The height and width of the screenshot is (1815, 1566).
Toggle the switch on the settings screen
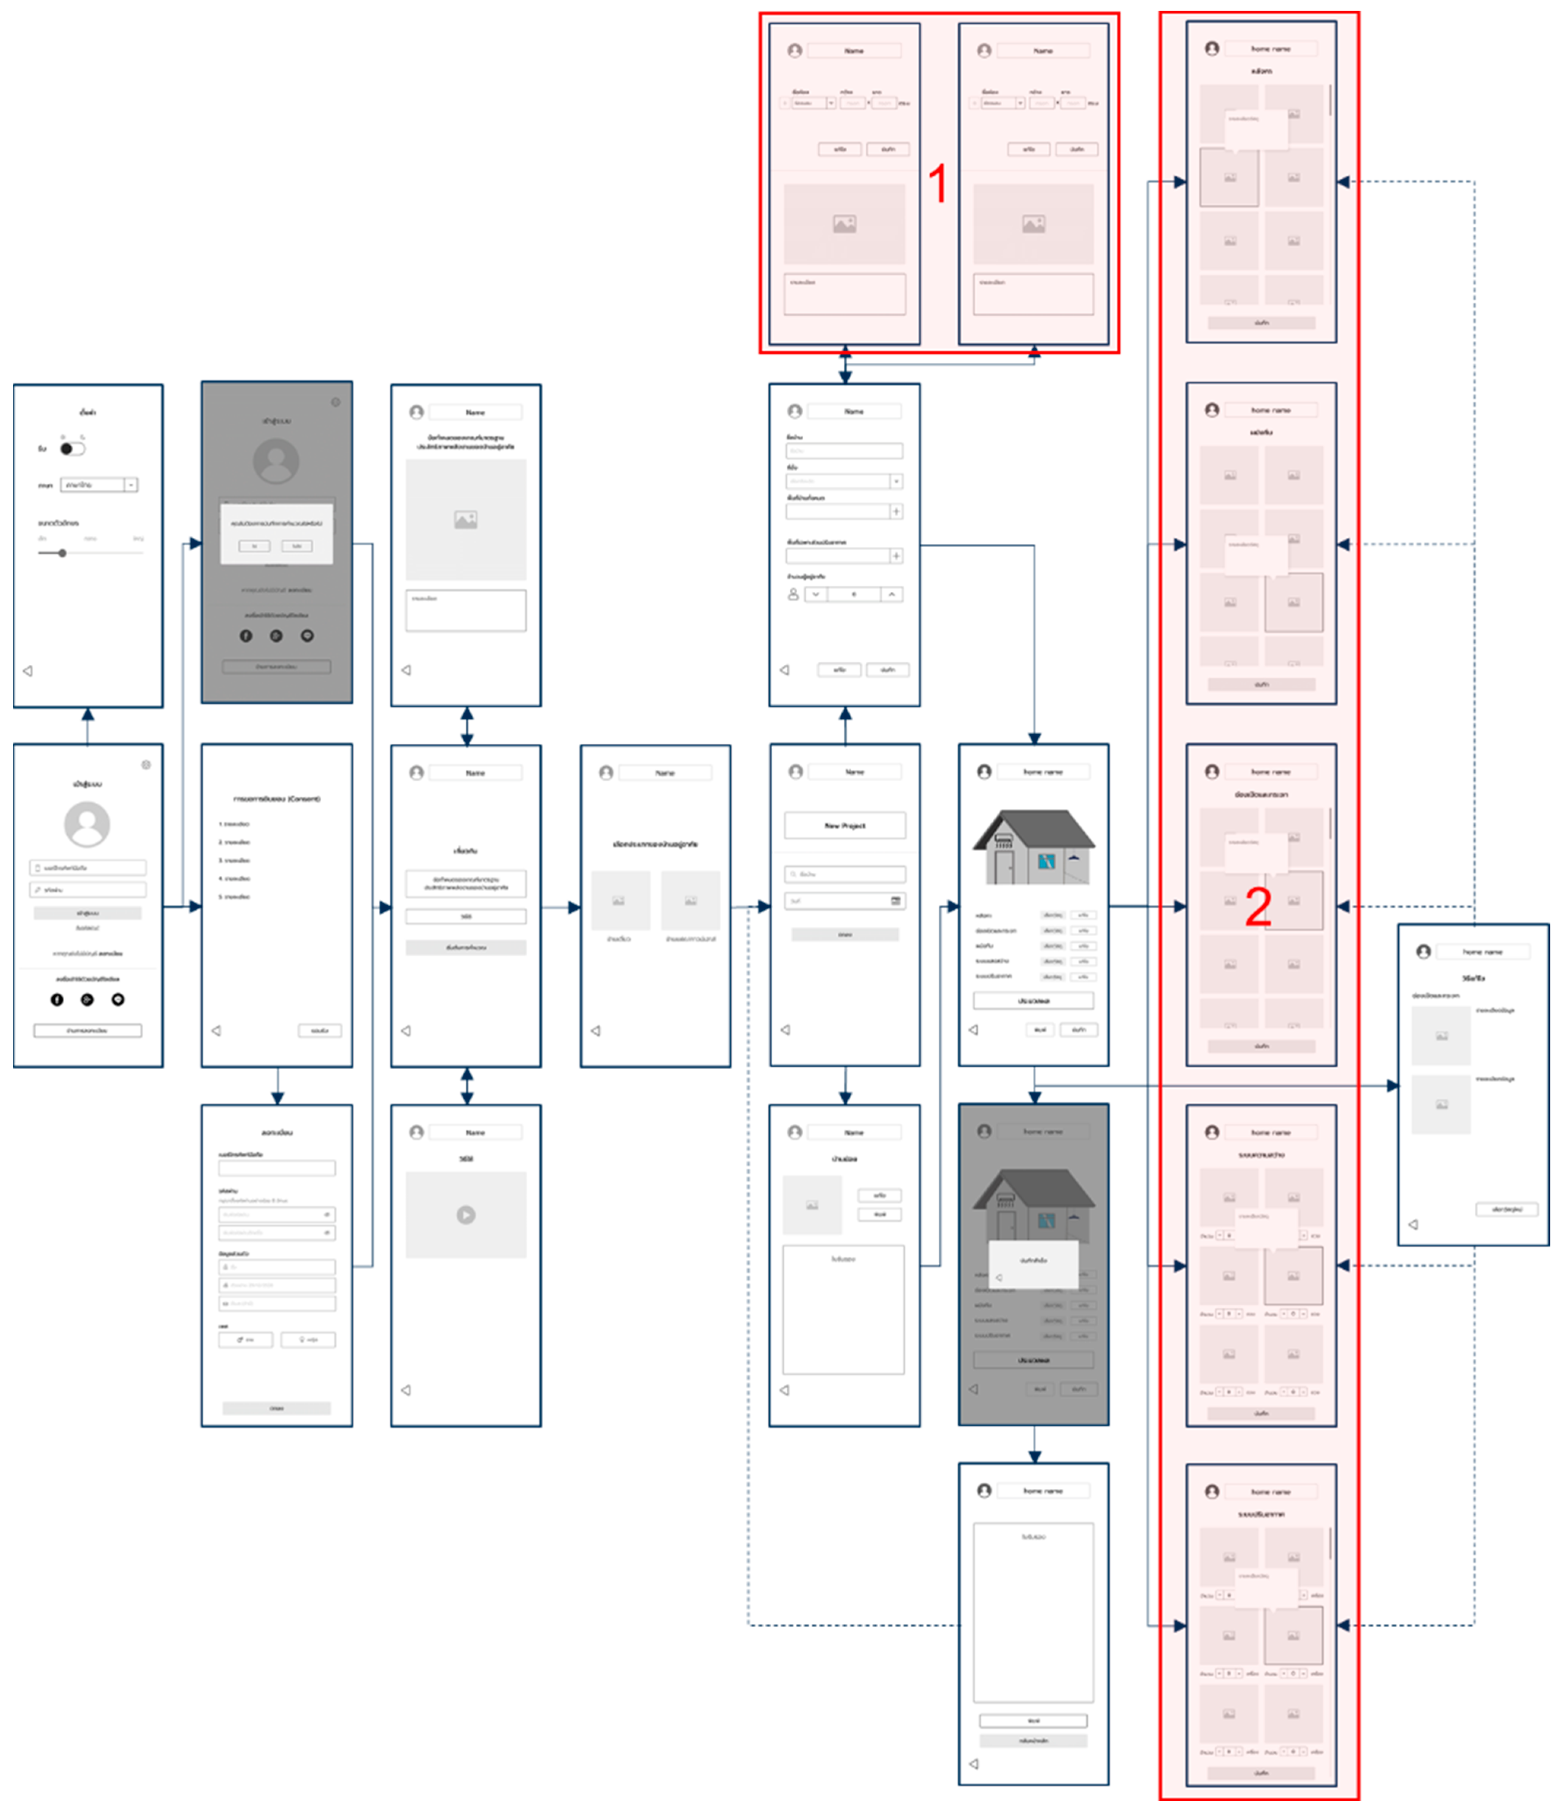pos(72,448)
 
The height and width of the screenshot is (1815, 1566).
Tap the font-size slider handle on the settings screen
pos(62,553)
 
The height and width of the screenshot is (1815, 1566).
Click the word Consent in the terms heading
pos(303,799)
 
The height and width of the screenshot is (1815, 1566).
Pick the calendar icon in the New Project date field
pos(895,900)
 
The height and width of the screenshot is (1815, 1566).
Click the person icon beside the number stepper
pos(793,594)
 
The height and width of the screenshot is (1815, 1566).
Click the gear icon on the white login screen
pos(146,765)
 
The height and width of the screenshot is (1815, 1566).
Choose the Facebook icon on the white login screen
pos(57,999)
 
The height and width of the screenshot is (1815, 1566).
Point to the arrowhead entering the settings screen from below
pos(87,714)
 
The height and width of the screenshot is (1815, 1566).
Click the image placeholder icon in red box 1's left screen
pos(844,224)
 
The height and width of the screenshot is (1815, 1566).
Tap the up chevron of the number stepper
pos(892,594)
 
